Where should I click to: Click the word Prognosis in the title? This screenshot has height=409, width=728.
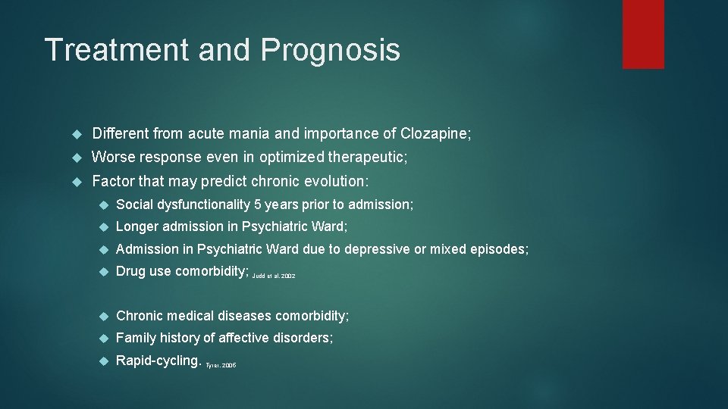[330, 51]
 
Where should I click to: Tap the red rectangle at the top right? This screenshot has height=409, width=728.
[643, 34]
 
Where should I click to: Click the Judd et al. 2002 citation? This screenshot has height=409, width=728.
[274, 276]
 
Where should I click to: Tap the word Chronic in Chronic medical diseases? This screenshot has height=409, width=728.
[140, 315]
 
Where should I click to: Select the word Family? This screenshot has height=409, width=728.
[135, 338]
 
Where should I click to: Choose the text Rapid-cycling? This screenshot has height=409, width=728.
[158, 361]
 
